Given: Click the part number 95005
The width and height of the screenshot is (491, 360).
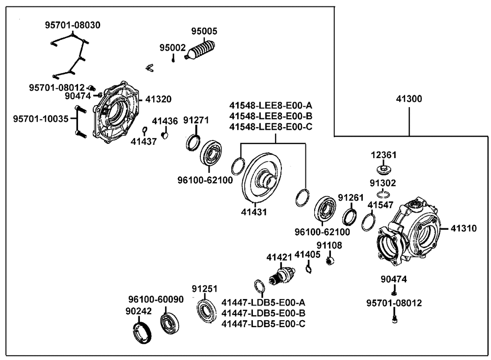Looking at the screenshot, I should pyautogui.click(x=204, y=31).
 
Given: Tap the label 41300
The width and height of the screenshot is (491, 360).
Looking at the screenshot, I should pyautogui.click(x=409, y=99).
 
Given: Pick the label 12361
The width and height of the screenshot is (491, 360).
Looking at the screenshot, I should pyautogui.click(x=383, y=155).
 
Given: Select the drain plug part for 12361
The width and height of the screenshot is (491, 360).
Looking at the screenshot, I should pyautogui.click(x=383, y=170).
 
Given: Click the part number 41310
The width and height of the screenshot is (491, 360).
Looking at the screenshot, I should pyautogui.click(x=464, y=228).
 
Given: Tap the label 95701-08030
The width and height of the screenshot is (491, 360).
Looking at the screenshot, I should pyautogui.click(x=73, y=25).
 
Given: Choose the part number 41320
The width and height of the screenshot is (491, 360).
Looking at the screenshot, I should pyautogui.click(x=158, y=99).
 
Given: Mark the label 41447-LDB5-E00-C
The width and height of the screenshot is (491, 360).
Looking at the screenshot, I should pyautogui.click(x=264, y=324).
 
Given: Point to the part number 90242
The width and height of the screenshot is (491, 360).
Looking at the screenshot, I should pyautogui.click(x=138, y=311).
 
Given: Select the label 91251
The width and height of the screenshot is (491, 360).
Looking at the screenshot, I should pyautogui.click(x=204, y=289).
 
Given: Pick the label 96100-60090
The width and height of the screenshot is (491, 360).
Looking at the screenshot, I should pyautogui.click(x=156, y=299).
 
